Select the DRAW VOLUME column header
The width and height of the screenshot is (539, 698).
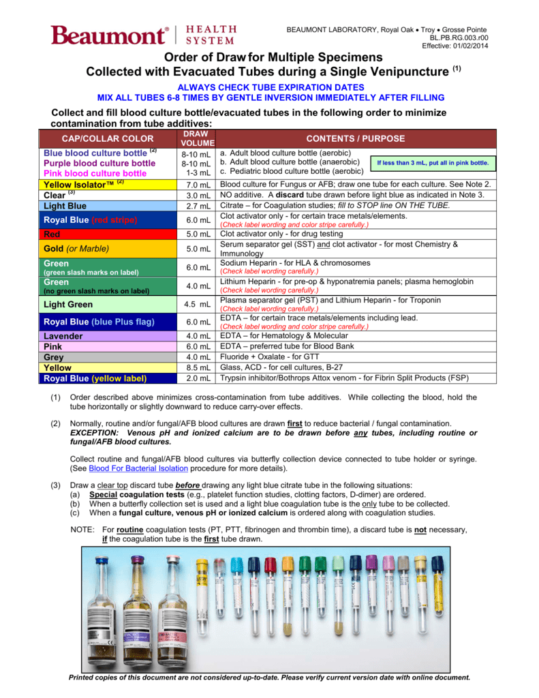[x=197, y=138]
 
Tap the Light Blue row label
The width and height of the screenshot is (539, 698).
[x=65, y=206]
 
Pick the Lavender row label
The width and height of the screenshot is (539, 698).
[x=63, y=336]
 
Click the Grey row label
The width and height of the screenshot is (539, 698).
[x=54, y=357]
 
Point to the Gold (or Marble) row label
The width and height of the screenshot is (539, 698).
[x=76, y=249]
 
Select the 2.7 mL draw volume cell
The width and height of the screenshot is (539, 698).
[x=197, y=206]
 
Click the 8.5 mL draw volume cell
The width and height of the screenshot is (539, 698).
[x=197, y=367]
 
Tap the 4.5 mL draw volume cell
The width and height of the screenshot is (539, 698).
[x=197, y=305]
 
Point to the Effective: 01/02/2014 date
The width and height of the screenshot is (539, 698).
[x=455, y=45]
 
